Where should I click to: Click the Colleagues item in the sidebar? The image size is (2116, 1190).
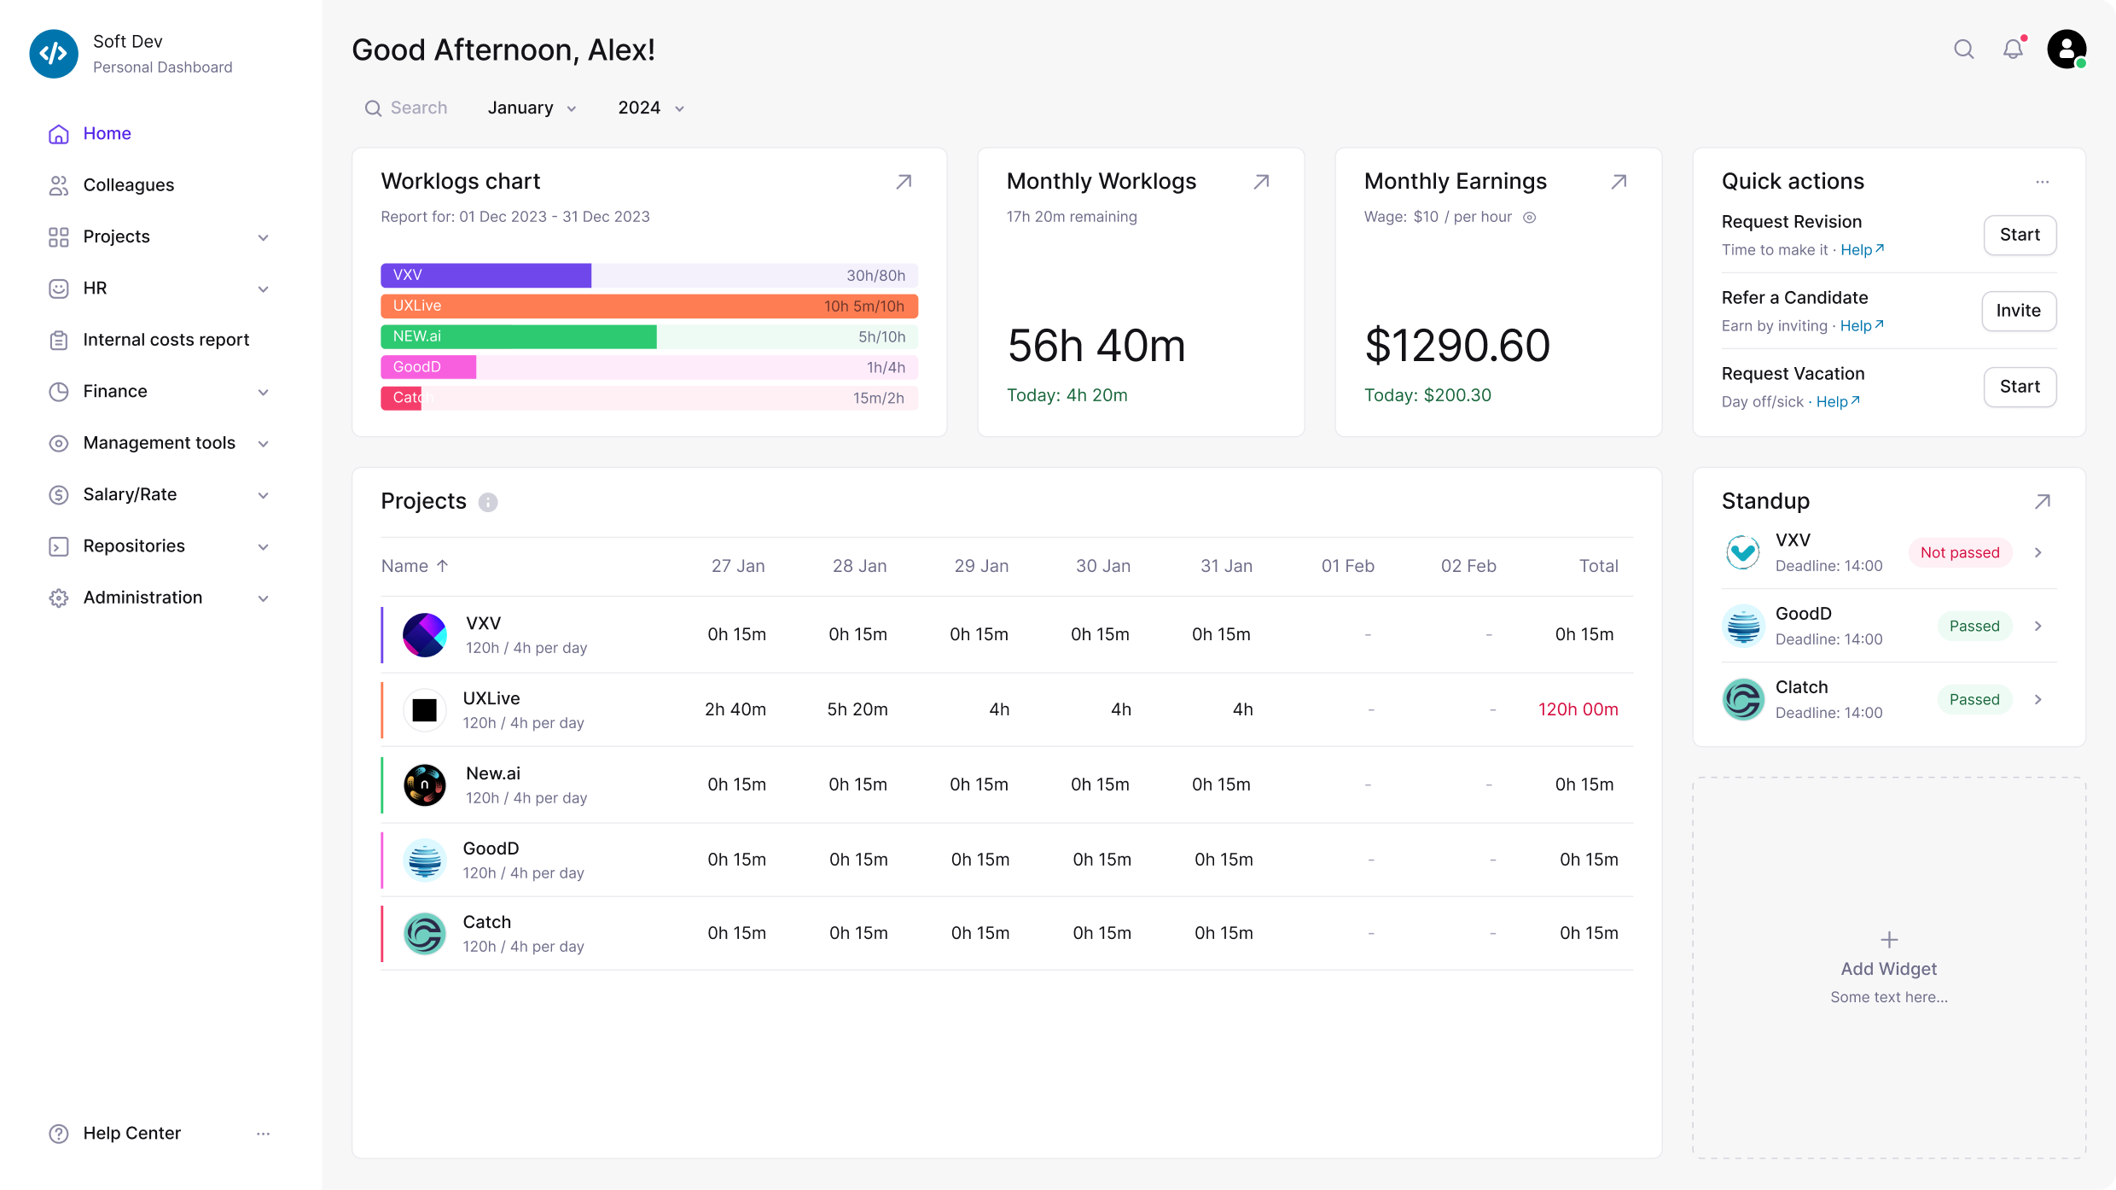click(128, 185)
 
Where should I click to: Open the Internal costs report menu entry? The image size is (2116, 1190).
click(166, 340)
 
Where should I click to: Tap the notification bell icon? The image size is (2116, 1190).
click(2013, 50)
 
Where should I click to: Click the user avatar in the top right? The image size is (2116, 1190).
click(2067, 50)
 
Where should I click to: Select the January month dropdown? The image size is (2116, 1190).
click(532, 108)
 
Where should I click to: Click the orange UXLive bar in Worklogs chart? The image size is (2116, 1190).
click(648, 306)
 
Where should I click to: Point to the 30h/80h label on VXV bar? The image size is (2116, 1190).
click(875, 276)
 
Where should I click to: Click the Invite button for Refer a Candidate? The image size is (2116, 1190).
click(2018, 311)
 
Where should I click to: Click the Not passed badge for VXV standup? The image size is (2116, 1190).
click(1959, 553)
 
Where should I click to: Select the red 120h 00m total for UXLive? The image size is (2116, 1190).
click(1578, 709)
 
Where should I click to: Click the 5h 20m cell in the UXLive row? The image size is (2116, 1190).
click(857, 709)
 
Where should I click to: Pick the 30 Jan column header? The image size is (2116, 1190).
click(1102, 566)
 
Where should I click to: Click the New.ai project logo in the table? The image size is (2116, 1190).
click(424, 785)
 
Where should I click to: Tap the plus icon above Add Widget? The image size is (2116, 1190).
click(1889, 940)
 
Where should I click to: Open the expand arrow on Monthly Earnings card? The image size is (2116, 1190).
click(1618, 182)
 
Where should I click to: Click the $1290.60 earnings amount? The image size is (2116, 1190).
click(1456, 346)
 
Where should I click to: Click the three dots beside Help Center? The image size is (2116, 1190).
click(263, 1134)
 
